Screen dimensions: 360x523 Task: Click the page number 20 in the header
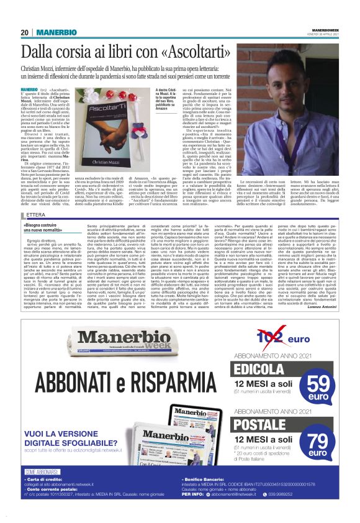pos(25,32)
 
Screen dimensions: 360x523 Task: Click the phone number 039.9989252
pos(310,511)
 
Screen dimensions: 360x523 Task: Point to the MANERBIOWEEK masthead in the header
pos(325,29)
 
